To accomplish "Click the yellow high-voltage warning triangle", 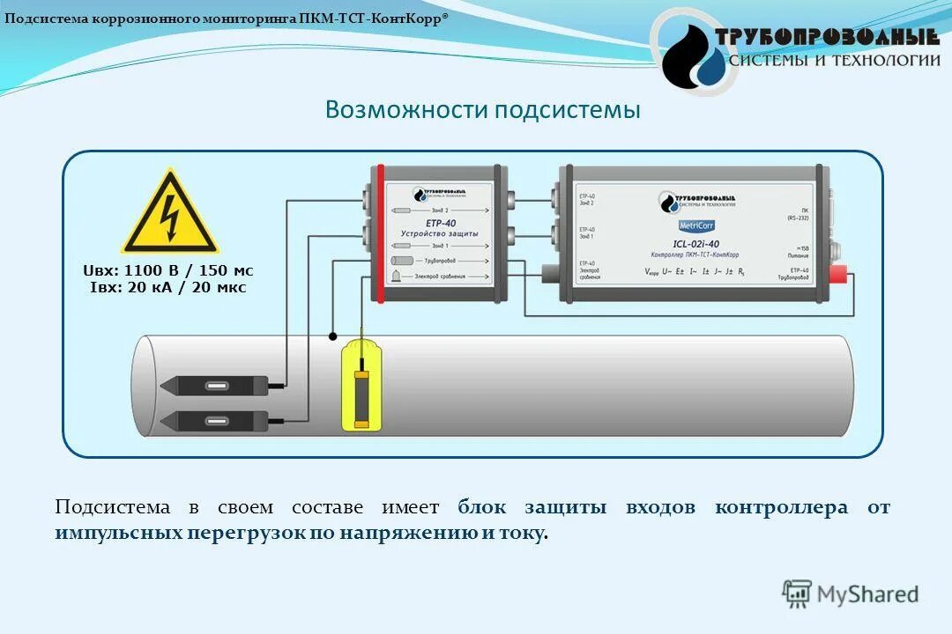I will [x=169, y=215].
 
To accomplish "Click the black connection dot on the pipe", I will [x=332, y=335].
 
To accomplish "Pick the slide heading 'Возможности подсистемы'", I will [x=482, y=110].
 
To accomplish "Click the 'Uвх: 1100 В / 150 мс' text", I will [x=167, y=270].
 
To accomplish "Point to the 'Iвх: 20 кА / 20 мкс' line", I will [x=167, y=287].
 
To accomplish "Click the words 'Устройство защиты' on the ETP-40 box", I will [x=439, y=233].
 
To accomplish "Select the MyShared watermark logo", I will [x=851, y=594].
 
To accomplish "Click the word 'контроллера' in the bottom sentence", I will [x=781, y=507].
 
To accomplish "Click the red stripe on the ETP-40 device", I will [x=380, y=233].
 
